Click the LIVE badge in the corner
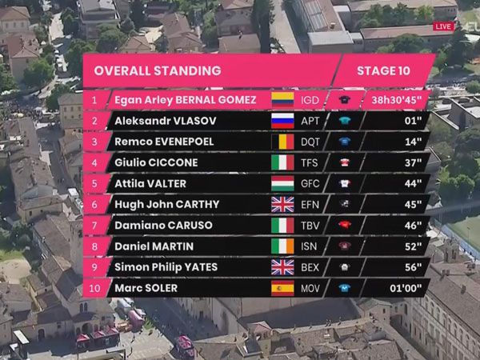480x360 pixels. tap(442, 26)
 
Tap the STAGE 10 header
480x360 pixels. tap(383, 70)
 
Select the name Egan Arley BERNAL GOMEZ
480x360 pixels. tap(185, 99)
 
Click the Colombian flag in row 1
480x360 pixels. tap(282, 99)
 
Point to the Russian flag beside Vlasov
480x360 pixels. tap(282, 121)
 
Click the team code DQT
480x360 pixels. tap(310, 142)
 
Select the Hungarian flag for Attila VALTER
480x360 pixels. tap(282, 183)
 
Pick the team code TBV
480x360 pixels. tap(310, 226)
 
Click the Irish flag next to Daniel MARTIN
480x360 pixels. tap(282, 246)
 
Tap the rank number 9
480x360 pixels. tap(94, 267)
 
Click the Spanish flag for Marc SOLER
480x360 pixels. tap(282, 288)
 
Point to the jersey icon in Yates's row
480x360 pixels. tap(345, 267)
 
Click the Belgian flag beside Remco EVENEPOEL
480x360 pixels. tap(282, 142)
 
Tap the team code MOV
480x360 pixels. tap(310, 288)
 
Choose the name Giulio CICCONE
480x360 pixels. tap(155, 162)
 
